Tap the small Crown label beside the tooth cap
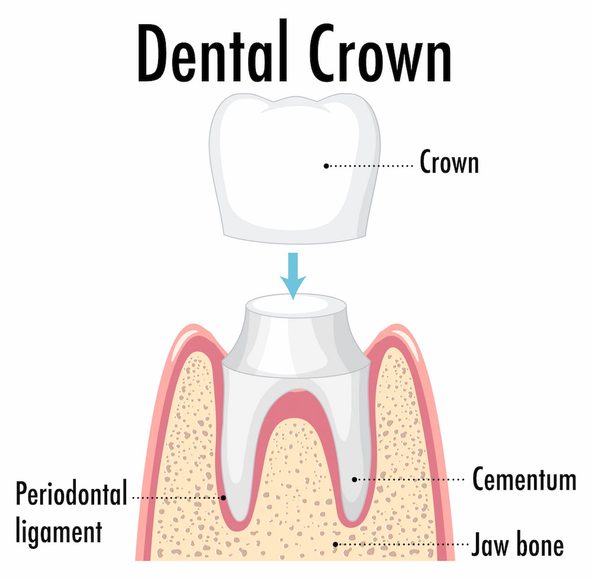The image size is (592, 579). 449,162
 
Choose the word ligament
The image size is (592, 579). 59,532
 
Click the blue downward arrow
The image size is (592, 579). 293,276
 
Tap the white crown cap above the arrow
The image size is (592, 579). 294,168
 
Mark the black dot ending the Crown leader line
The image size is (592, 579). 326,166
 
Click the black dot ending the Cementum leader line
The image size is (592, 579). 355,480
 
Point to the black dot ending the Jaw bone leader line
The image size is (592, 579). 335,544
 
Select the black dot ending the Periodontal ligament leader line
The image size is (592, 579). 224,498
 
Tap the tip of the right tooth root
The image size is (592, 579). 352,520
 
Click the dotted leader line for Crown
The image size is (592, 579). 371,166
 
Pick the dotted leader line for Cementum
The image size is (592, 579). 410,480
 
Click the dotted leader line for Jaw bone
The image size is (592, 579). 402,544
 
